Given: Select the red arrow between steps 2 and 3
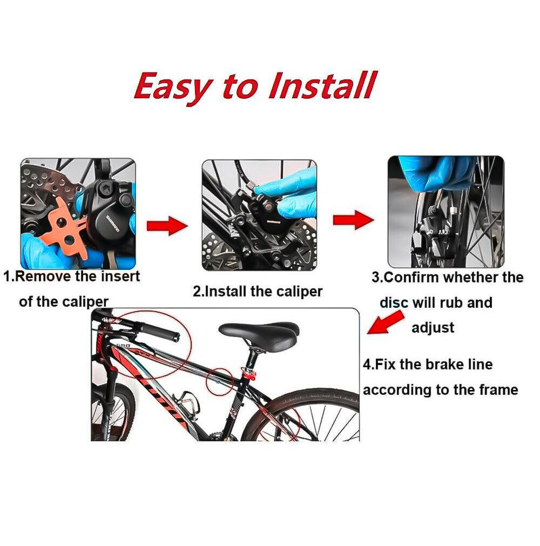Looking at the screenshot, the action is [353, 220].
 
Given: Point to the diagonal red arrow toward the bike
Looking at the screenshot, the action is [386, 322].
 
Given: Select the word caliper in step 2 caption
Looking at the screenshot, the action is [299, 292].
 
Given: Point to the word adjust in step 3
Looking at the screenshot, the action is [433, 328].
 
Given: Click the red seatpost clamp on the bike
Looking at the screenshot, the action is [249, 375].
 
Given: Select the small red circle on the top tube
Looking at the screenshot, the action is [219, 382].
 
